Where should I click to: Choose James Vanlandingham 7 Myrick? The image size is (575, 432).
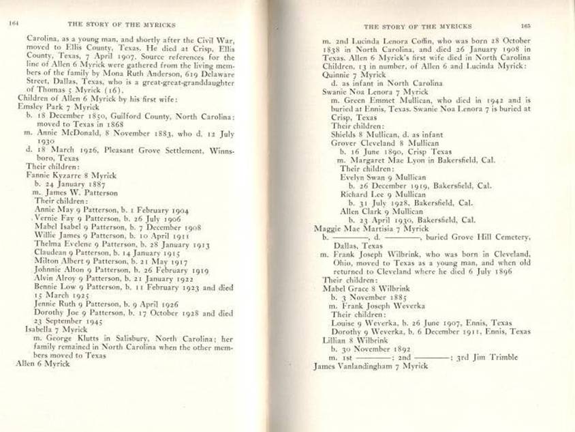371,366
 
